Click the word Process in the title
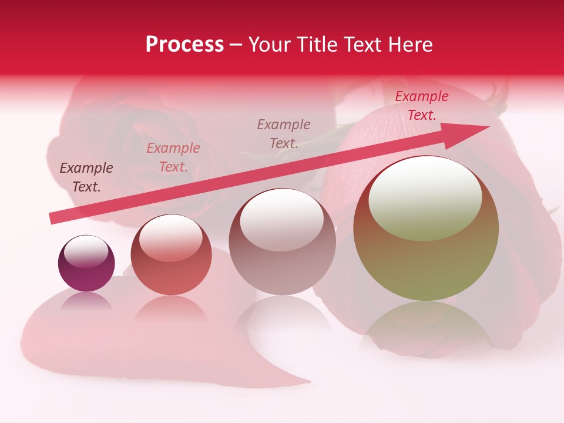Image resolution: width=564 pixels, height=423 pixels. click(x=184, y=45)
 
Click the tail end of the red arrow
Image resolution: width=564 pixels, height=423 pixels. click(x=53, y=218)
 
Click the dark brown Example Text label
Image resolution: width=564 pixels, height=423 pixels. click(x=86, y=177)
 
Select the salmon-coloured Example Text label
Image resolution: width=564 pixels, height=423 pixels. click(x=173, y=157)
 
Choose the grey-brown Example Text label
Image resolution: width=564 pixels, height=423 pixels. click(x=284, y=134)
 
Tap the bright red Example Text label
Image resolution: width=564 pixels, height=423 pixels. click(x=421, y=106)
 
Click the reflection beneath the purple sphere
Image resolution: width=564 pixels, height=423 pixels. click(x=86, y=301)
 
